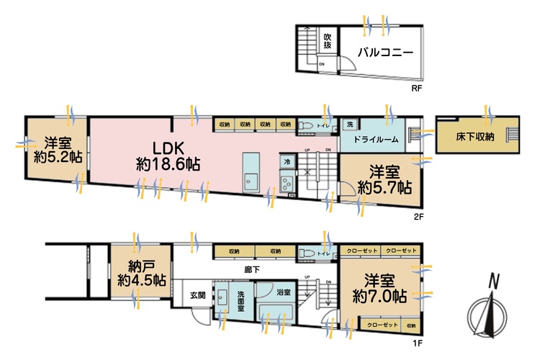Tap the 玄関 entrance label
click(198, 294)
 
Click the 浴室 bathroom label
click(283, 292)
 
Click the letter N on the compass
click(494, 282)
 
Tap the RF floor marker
click(415, 89)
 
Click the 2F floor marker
click(416, 215)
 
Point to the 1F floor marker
click(416, 343)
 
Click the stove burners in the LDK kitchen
click(287, 181)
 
